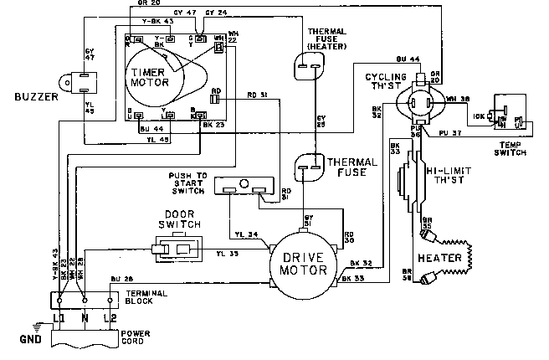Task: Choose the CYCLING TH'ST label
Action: point(384,81)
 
